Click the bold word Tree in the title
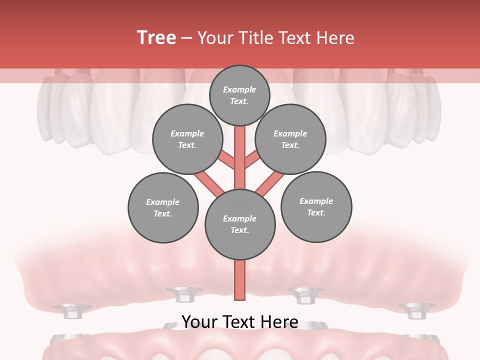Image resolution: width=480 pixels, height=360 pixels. point(156,37)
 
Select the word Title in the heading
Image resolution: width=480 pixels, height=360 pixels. point(255,38)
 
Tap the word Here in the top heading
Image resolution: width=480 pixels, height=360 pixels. point(335,38)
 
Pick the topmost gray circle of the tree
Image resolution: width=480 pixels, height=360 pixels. point(239,95)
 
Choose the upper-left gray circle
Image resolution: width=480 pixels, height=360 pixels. point(187,139)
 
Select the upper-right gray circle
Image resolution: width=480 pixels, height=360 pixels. point(290,139)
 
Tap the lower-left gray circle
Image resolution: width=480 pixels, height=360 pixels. point(163,208)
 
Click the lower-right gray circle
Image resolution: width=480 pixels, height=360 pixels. point(316,207)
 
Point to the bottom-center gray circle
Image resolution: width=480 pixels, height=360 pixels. point(240,224)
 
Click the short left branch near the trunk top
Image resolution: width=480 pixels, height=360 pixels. point(227,160)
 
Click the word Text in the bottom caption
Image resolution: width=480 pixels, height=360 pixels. point(240,322)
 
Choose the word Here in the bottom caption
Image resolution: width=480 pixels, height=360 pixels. point(280,322)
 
